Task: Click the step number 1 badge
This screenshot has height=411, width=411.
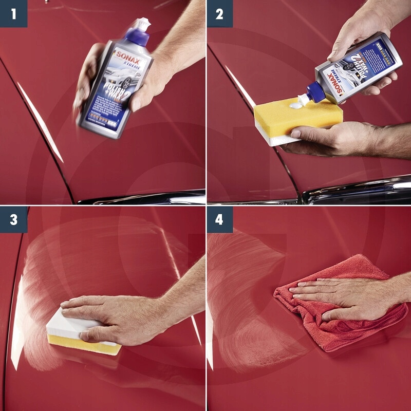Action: (13, 13)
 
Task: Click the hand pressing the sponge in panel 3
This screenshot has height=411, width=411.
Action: (123, 319)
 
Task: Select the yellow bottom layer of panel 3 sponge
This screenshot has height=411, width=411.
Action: (85, 343)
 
